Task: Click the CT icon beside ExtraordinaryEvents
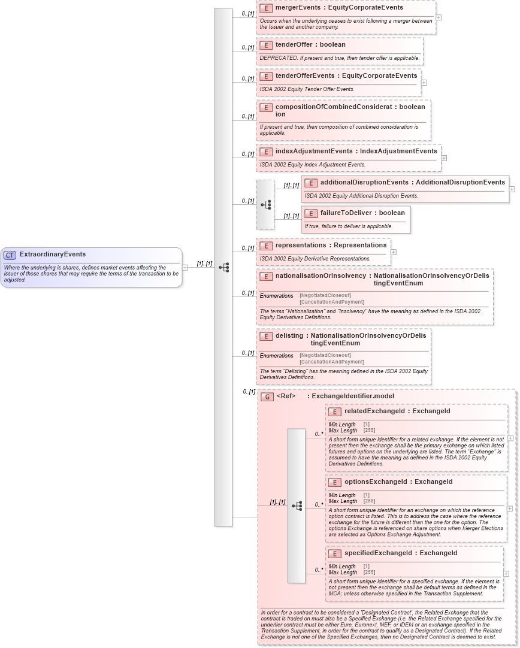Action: click(x=10, y=255)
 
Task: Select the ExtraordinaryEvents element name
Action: click(x=53, y=255)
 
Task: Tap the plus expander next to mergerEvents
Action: click(x=439, y=17)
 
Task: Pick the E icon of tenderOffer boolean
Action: click(x=266, y=45)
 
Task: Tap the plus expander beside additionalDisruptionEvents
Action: click(x=512, y=189)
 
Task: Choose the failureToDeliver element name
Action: click(x=346, y=213)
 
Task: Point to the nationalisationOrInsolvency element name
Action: click(x=320, y=276)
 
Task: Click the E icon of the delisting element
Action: click(x=266, y=336)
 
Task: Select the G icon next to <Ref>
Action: click(x=267, y=396)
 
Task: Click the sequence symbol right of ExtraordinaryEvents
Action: click(x=224, y=267)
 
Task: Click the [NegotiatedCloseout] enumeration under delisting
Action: click(x=325, y=356)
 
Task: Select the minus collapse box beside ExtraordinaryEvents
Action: click(x=185, y=267)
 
